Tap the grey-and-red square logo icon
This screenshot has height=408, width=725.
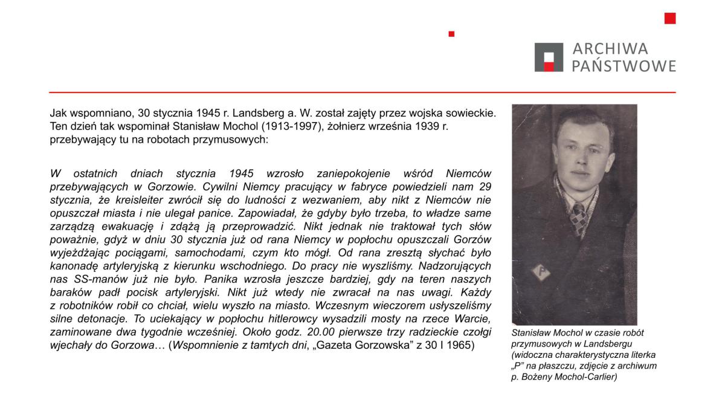[x=549, y=57]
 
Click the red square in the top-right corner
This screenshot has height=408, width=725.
[x=669, y=18]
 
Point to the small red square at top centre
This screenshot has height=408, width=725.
[x=451, y=34]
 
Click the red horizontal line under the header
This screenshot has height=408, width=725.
[x=362, y=92]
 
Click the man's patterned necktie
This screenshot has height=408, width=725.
[x=579, y=218]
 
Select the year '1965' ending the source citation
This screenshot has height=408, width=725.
[x=462, y=346]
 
